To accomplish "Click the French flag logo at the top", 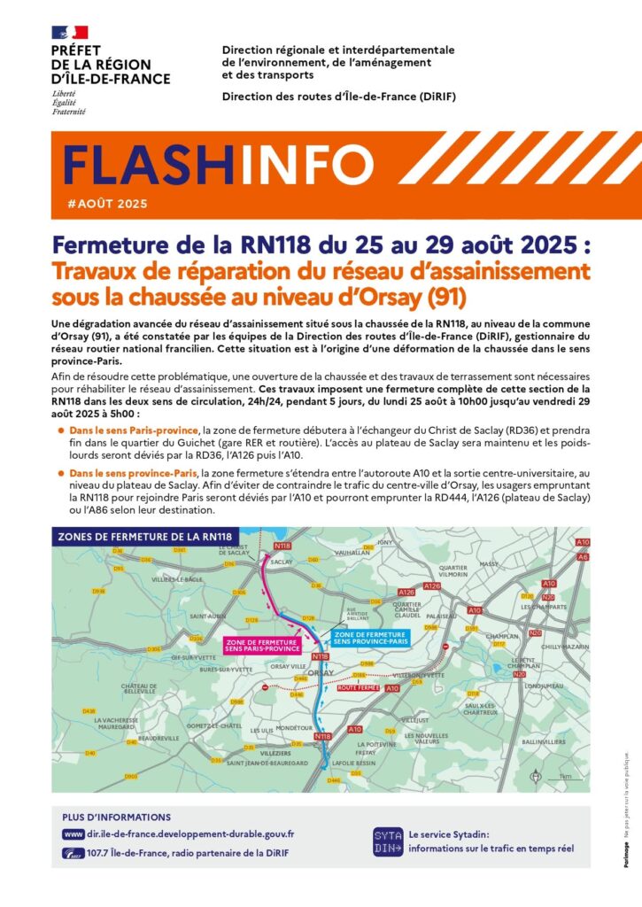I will (x=70, y=33).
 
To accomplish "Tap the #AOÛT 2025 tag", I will (x=107, y=204).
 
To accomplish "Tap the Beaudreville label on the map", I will (x=159, y=738).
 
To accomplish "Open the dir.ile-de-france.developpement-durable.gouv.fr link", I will (x=191, y=833).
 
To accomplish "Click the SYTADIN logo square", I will (x=387, y=841).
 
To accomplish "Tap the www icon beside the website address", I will (x=73, y=833).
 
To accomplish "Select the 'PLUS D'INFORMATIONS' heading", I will (x=117, y=817).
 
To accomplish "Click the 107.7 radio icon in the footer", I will (x=73, y=853).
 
